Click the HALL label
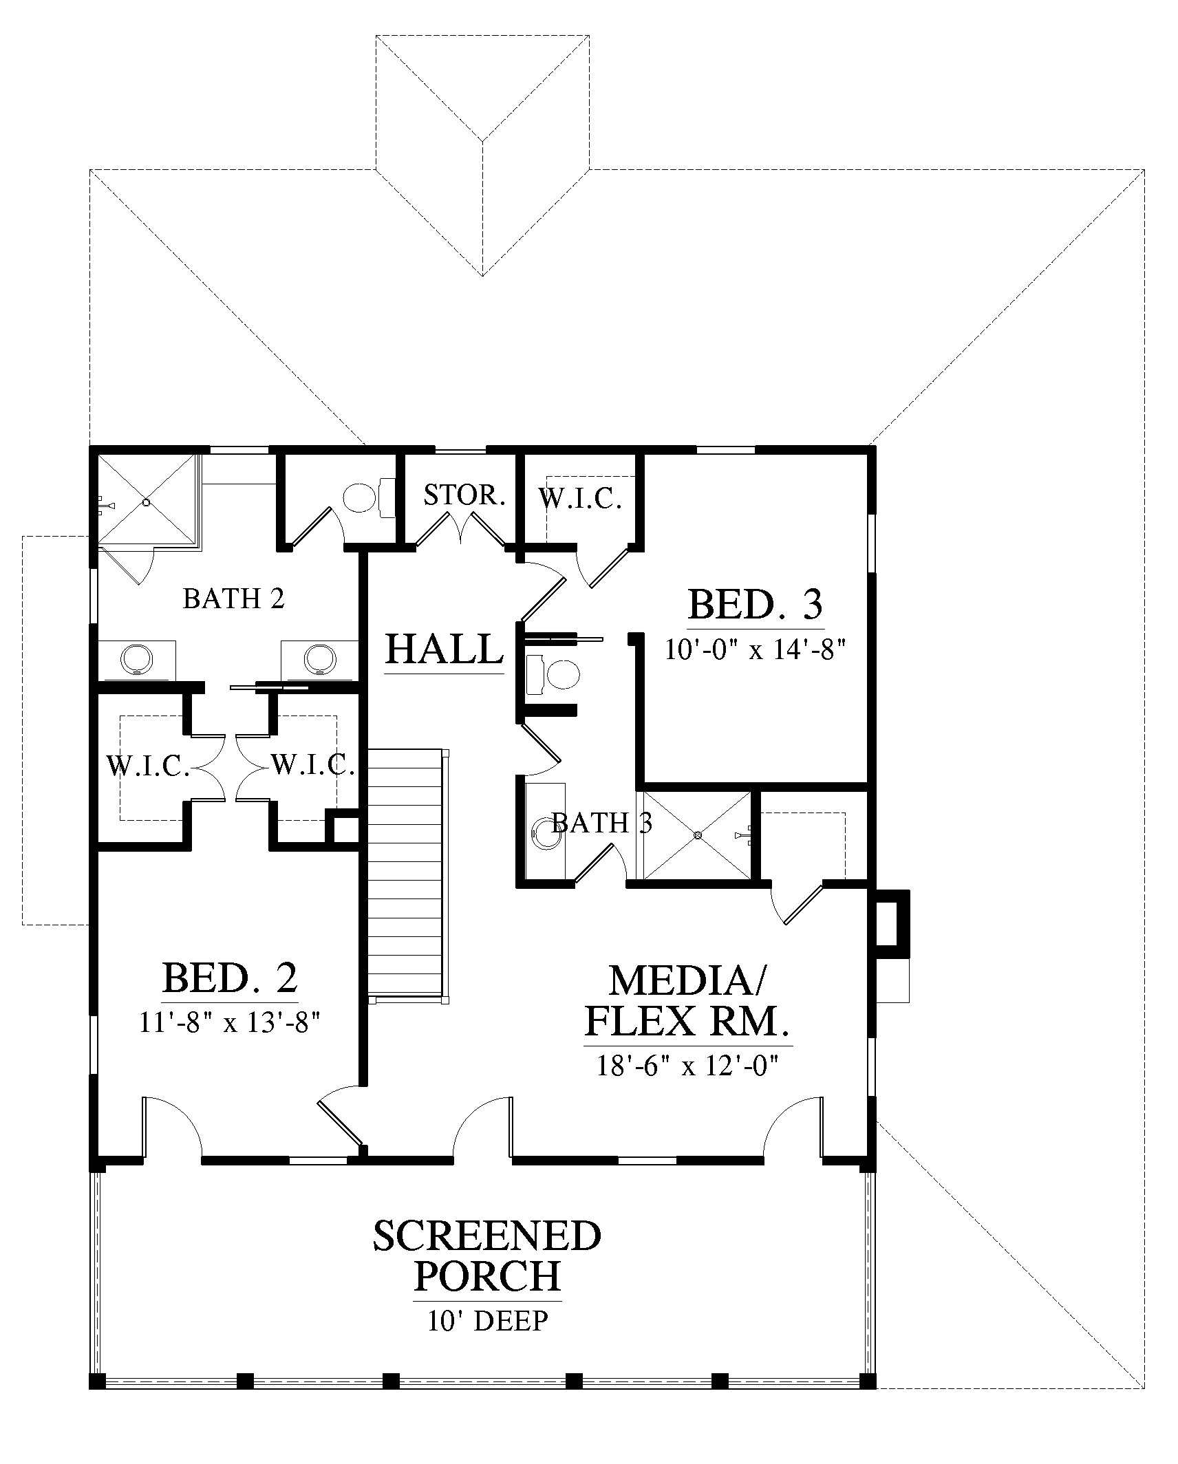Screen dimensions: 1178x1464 445,649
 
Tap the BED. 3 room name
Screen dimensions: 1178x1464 755,605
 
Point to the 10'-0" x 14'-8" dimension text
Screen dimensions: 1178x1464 755,649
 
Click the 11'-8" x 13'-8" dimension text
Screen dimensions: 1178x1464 231,1022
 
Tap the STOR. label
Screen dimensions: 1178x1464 464,495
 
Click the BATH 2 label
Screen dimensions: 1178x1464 234,599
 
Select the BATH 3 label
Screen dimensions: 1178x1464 601,823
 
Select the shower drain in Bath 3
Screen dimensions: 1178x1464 697,835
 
